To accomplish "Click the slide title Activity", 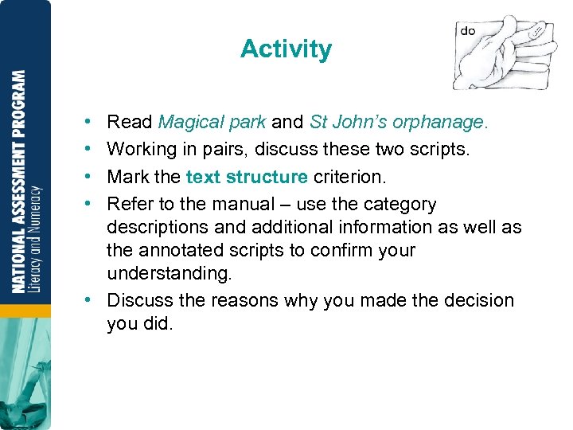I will pyautogui.click(x=286, y=49).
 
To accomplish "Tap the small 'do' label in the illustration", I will pyautogui.click(x=468, y=31).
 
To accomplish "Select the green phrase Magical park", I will pyautogui.click(x=212, y=123).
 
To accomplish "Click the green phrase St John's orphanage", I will pyautogui.click(x=398, y=123).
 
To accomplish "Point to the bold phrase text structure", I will pyautogui.click(x=247, y=177).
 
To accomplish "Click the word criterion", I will pyautogui.click(x=347, y=177).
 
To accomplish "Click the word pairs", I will pyautogui.click(x=218, y=150).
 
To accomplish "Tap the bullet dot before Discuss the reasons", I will pyautogui.click(x=85, y=301).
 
